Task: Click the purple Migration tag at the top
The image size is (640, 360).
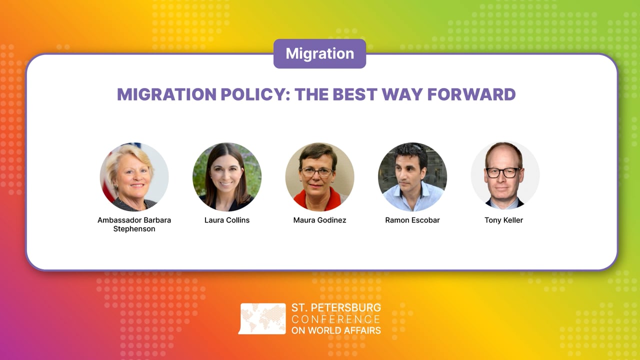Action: pyautogui.click(x=319, y=53)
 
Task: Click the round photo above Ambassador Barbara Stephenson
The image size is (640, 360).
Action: pyautogui.click(x=134, y=177)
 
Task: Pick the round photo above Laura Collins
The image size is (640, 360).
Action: pyautogui.click(x=227, y=177)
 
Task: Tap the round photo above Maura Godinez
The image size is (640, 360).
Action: pyautogui.click(x=319, y=177)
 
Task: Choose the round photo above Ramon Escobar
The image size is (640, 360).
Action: pyautogui.click(x=412, y=177)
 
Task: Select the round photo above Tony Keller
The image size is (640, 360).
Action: pyautogui.click(x=505, y=177)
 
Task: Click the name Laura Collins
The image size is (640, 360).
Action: pyautogui.click(x=227, y=220)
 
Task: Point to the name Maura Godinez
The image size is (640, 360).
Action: pyautogui.click(x=319, y=220)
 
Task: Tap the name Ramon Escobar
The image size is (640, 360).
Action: pyautogui.click(x=412, y=220)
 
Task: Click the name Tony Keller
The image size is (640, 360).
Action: pyautogui.click(x=503, y=220)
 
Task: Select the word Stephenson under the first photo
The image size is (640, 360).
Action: pyautogui.click(x=134, y=229)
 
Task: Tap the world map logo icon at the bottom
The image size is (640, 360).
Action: pyautogui.click(x=263, y=318)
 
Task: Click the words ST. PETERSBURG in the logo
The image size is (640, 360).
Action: pyautogui.click(x=336, y=307)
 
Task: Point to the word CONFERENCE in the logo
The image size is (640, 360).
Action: pyautogui.click(x=336, y=319)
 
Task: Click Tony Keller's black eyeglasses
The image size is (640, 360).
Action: pyautogui.click(x=502, y=172)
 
